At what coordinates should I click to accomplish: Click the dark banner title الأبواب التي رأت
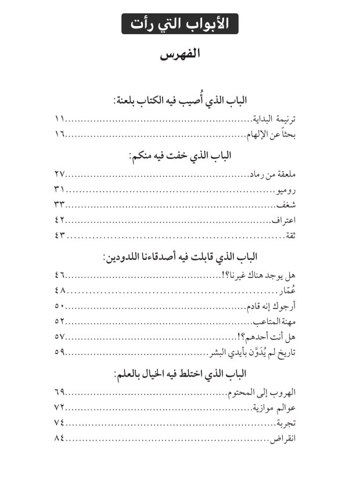tap(180, 25)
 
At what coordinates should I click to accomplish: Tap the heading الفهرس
tap(180, 56)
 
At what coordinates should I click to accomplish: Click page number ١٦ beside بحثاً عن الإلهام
tap(59, 135)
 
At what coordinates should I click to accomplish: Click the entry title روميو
tap(286, 190)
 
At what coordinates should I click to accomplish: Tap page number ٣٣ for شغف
tap(59, 205)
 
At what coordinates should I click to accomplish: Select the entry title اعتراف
tap(285, 220)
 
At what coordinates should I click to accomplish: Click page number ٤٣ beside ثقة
tap(59, 236)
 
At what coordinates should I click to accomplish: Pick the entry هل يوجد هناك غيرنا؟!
tap(262, 275)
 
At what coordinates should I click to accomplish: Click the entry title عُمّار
tap(289, 291)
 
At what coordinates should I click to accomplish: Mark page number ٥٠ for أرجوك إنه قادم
tap(59, 306)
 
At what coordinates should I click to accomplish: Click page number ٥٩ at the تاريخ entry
tap(59, 352)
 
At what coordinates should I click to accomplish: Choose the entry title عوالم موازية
tap(274, 407)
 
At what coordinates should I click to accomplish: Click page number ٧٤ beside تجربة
tap(59, 422)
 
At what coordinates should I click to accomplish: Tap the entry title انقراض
tap(283, 438)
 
